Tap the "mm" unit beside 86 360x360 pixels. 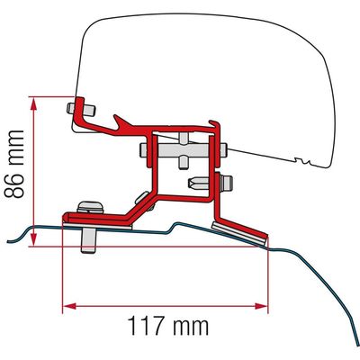pyautogui.click(x=15, y=147)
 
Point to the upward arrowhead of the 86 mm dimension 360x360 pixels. pyautogui.click(x=33, y=105)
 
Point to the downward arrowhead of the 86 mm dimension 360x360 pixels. pyautogui.click(x=33, y=238)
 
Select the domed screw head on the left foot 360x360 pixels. pyautogui.click(x=90, y=208)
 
